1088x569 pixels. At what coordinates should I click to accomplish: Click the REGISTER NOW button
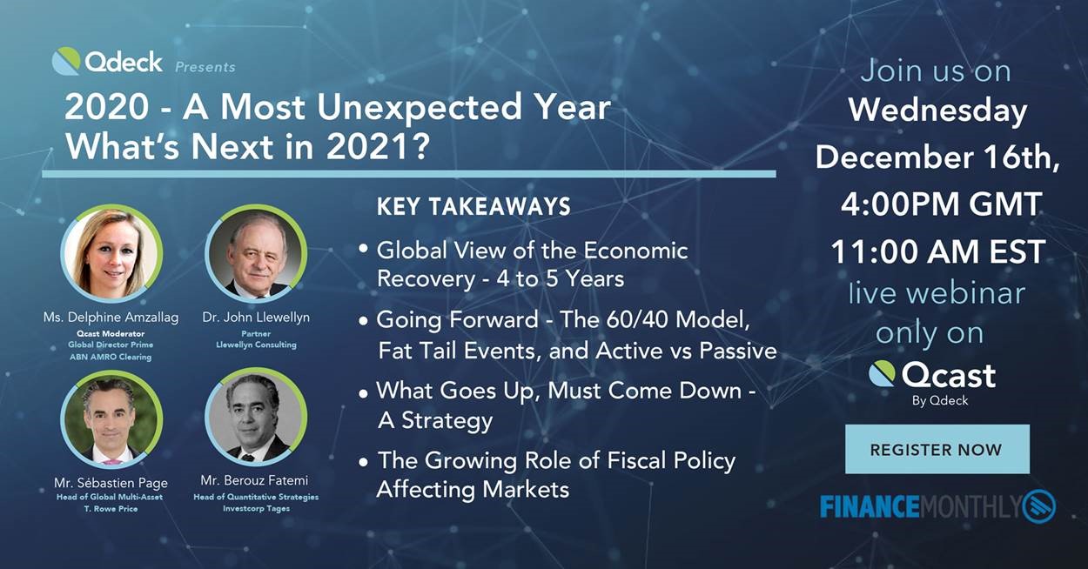[937, 449]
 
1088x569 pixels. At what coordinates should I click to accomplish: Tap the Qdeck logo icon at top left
[66, 61]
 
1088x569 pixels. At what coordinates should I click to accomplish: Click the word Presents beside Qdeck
[205, 66]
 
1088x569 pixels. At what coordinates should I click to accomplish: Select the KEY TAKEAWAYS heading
[473, 206]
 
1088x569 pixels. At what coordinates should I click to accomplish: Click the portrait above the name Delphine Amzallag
[111, 253]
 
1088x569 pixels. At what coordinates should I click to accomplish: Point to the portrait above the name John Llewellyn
[256, 253]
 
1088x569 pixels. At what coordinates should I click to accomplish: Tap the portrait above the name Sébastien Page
[111, 418]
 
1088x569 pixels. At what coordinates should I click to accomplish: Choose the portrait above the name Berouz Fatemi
[256, 417]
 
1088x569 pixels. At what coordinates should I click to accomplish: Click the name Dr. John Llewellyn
[256, 317]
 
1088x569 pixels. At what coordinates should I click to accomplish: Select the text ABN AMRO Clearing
[111, 357]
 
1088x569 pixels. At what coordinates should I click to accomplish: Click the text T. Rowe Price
[111, 509]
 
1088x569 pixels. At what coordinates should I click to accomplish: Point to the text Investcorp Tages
[256, 508]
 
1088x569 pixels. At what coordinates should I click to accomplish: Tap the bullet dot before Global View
[363, 249]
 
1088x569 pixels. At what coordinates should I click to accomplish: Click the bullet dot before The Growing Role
[363, 462]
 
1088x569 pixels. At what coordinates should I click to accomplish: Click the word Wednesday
[937, 111]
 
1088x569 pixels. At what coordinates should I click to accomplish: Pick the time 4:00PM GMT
[941, 204]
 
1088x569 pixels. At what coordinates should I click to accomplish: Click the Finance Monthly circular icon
[1039, 506]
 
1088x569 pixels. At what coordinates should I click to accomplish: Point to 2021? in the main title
[378, 147]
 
